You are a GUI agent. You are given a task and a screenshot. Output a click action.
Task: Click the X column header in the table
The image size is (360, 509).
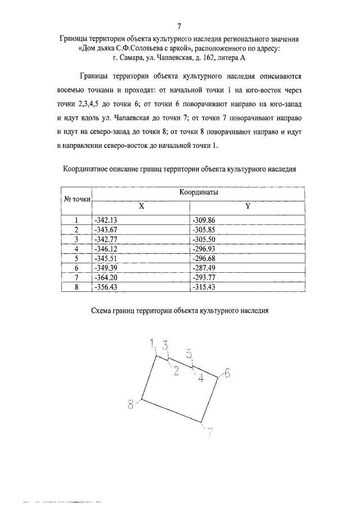[x=142, y=206]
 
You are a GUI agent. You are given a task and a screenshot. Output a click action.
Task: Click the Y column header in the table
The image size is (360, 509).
[x=247, y=206]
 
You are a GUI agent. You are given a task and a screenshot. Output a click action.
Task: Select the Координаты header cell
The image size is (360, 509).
[x=199, y=192]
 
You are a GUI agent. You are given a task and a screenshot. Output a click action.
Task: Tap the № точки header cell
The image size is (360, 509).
[x=76, y=199]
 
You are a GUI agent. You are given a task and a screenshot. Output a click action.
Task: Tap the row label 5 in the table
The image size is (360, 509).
[x=76, y=258]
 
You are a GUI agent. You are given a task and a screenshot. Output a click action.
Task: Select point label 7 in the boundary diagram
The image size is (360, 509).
[x=209, y=432]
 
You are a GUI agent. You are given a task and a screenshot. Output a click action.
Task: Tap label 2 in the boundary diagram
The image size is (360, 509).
[x=176, y=370]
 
